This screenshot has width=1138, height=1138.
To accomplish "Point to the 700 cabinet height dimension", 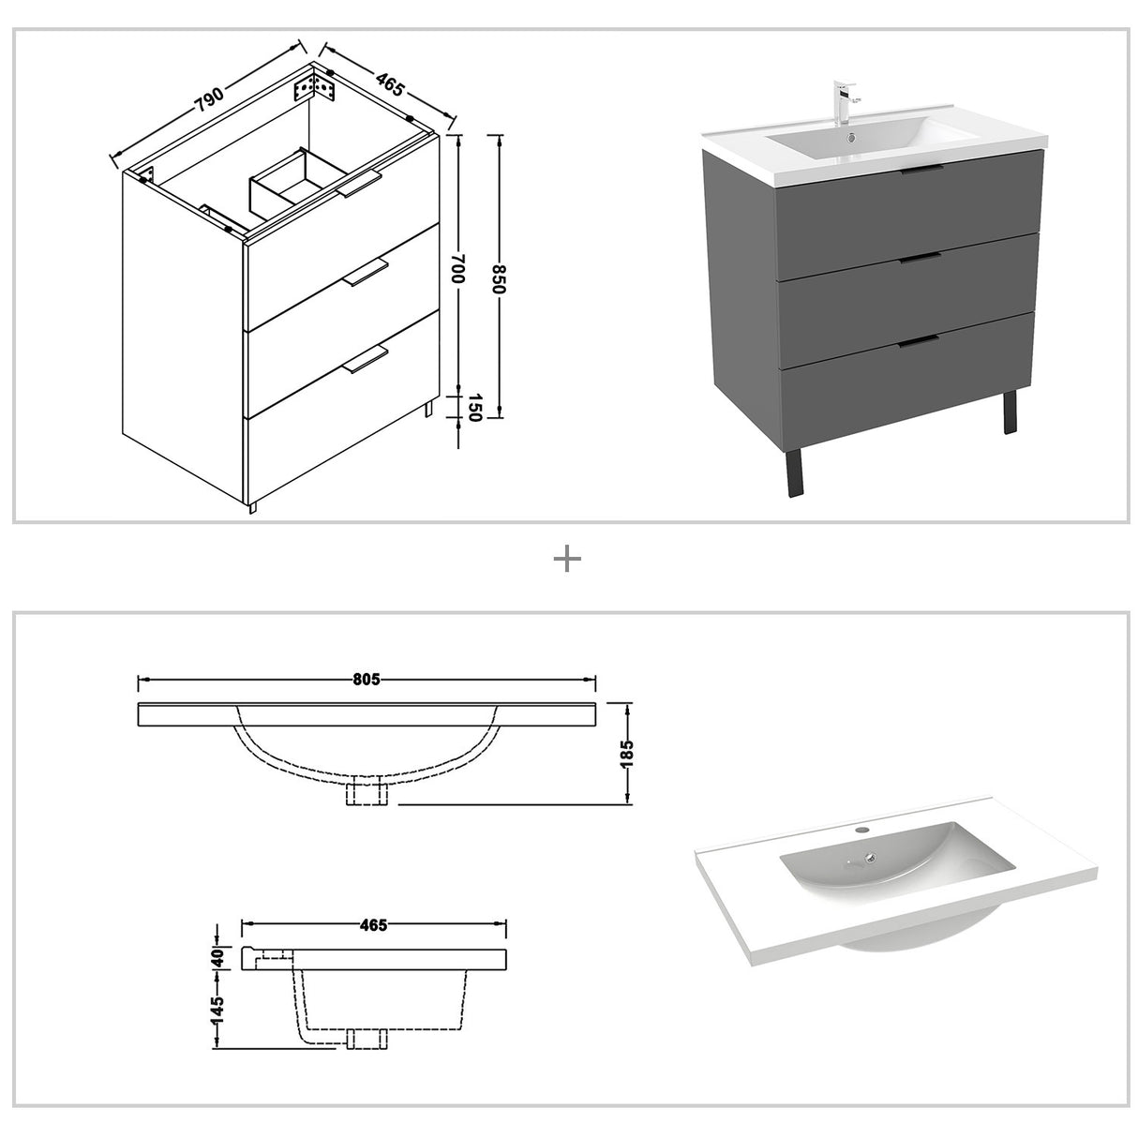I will coord(457,273).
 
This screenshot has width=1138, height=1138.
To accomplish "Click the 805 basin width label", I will coord(367,680).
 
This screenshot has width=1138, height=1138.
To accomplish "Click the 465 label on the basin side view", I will coord(373,925).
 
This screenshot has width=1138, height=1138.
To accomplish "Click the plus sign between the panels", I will coord(567,560).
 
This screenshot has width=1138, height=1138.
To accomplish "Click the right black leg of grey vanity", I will coord(1010,412).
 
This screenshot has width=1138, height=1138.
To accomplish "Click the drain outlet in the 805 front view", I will coord(367,794).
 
